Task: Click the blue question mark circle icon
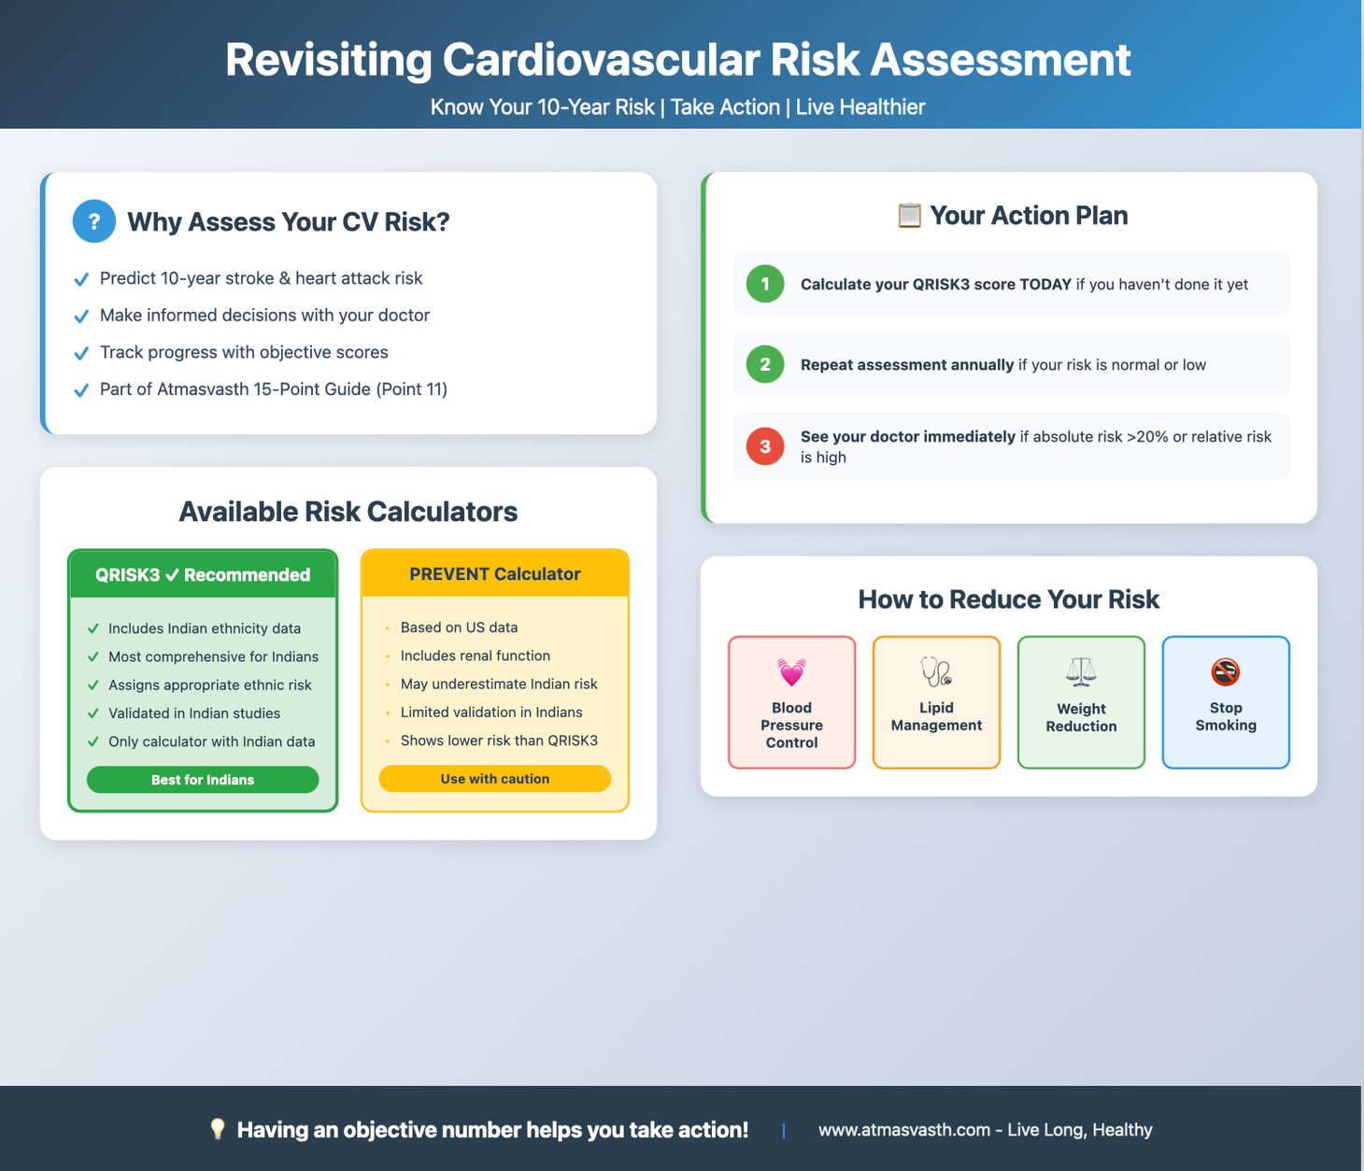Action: tap(94, 221)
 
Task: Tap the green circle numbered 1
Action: tap(765, 284)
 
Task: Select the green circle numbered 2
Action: tap(765, 364)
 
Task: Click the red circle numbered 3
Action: tap(765, 446)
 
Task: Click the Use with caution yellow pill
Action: tap(494, 779)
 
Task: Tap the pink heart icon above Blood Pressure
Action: tap(791, 671)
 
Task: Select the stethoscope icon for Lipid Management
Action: tap(936, 671)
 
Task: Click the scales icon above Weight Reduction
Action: tap(1081, 671)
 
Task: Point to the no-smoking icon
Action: tap(1225, 671)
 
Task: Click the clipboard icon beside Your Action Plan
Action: tap(909, 216)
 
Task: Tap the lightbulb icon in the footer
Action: tap(218, 1129)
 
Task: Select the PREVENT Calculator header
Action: tap(494, 574)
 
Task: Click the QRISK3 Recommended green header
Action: tap(203, 575)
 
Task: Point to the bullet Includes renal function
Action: tap(475, 656)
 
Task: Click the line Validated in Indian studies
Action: tap(194, 713)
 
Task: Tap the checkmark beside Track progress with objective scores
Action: tap(81, 353)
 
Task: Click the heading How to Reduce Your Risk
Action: tap(1008, 600)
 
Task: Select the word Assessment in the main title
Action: tap(1001, 60)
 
